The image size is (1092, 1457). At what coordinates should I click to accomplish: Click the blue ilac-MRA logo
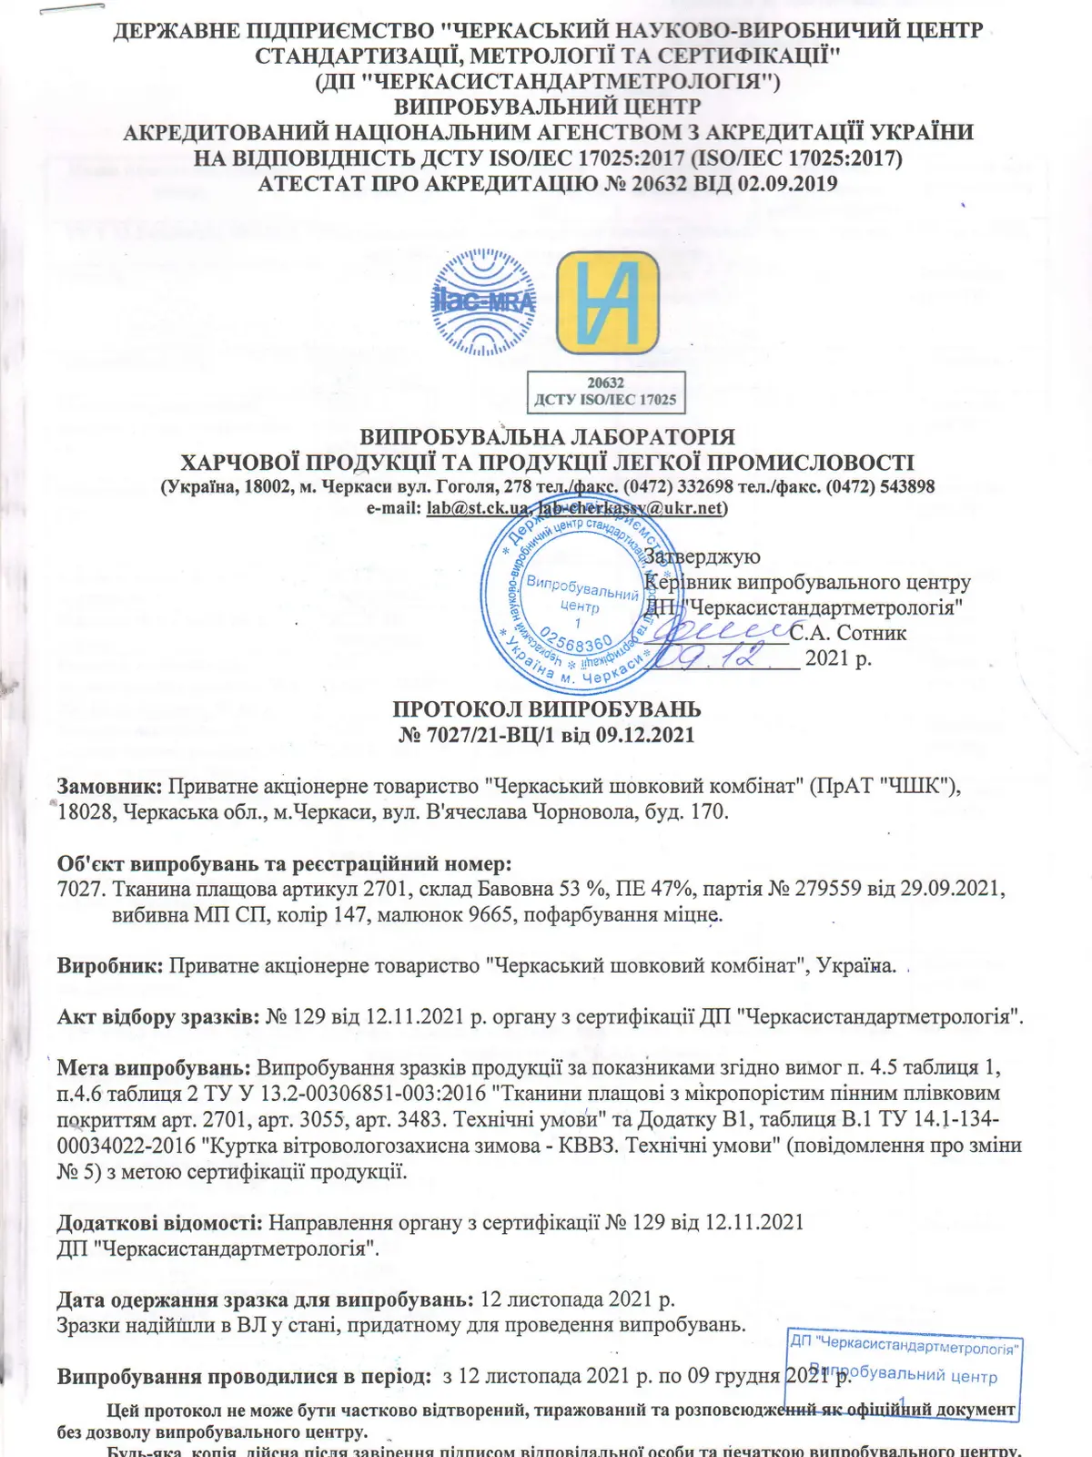[x=484, y=300]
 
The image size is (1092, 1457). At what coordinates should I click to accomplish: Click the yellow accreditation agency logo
[x=607, y=302]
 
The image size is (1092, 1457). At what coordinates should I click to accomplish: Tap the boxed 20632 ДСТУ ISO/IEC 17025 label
[x=605, y=392]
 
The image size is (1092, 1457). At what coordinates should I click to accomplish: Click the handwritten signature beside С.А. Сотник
[x=723, y=628]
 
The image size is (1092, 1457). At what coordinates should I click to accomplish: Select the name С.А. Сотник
[x=848, y=633]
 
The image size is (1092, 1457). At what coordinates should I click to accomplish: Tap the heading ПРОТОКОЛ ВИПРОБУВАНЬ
[x=546, y=708]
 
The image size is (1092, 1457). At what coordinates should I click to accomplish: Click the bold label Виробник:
[x=109, y=965]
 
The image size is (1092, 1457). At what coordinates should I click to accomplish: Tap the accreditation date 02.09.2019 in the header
[x=788, y=183]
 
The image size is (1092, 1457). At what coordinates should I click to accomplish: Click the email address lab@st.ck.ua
[x=477, y=508]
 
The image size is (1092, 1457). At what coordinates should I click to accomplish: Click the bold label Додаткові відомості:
[x=159, y=1222]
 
